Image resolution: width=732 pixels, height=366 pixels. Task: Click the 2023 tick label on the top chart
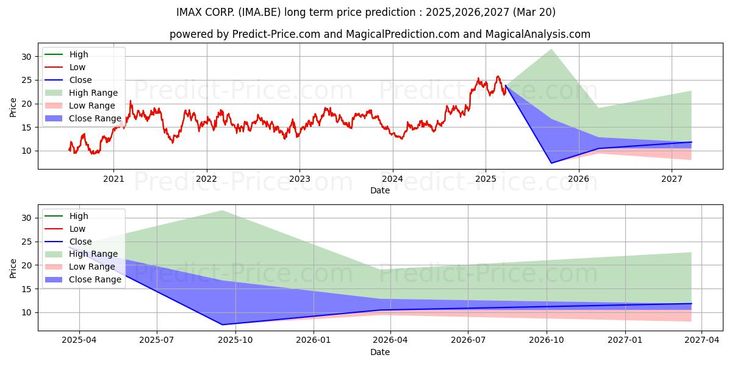300,179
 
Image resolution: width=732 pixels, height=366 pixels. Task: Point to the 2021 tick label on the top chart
113,179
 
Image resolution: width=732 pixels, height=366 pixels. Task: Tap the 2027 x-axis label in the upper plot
672,179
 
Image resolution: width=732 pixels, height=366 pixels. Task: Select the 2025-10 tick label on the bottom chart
235,340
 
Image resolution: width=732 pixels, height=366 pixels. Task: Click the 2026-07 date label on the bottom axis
468,340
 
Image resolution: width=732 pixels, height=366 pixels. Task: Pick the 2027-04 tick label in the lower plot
702,340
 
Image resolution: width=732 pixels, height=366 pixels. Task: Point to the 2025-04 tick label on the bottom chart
79,340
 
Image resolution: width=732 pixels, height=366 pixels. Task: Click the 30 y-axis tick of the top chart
26,57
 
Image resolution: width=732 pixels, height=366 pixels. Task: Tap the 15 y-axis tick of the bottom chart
26,289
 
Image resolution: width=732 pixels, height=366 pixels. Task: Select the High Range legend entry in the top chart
81,93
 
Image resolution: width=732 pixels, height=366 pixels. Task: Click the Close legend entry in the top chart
68,80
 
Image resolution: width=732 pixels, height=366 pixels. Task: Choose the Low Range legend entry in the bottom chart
80,267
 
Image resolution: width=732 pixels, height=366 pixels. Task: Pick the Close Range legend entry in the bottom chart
83,279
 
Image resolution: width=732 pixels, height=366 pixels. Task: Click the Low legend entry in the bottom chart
65,229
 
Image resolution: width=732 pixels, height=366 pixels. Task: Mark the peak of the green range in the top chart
551,49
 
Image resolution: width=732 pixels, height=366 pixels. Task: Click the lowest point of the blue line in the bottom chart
222,325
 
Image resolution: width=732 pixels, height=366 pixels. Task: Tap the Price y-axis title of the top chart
13,107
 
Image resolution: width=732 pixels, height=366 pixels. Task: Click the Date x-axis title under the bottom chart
379,352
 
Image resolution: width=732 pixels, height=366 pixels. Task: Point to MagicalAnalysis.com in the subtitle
538,34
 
